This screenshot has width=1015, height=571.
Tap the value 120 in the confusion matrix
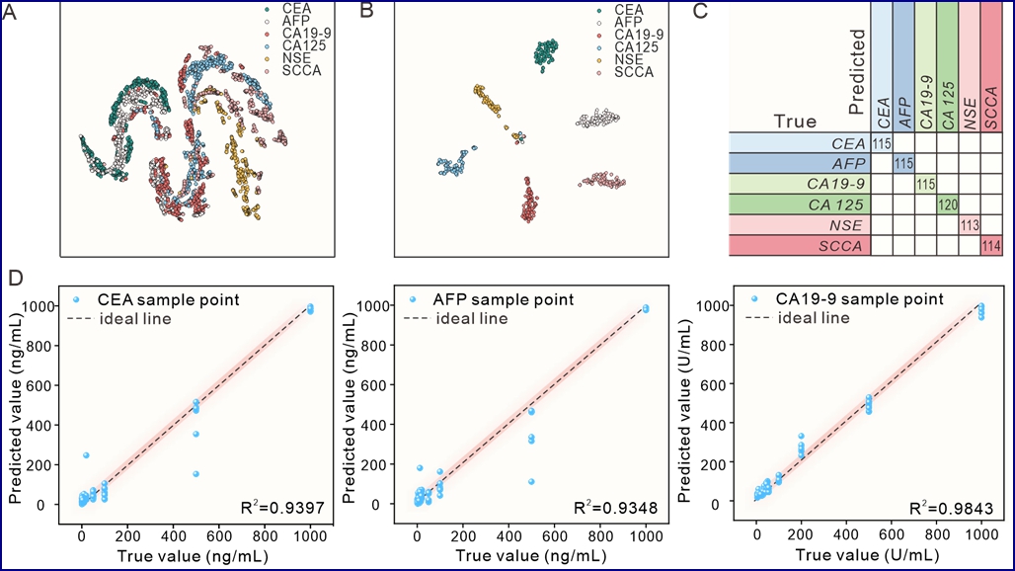point(947,205)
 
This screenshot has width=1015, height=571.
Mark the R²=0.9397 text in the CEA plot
point(288,508)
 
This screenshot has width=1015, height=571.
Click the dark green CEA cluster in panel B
point(545,54)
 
